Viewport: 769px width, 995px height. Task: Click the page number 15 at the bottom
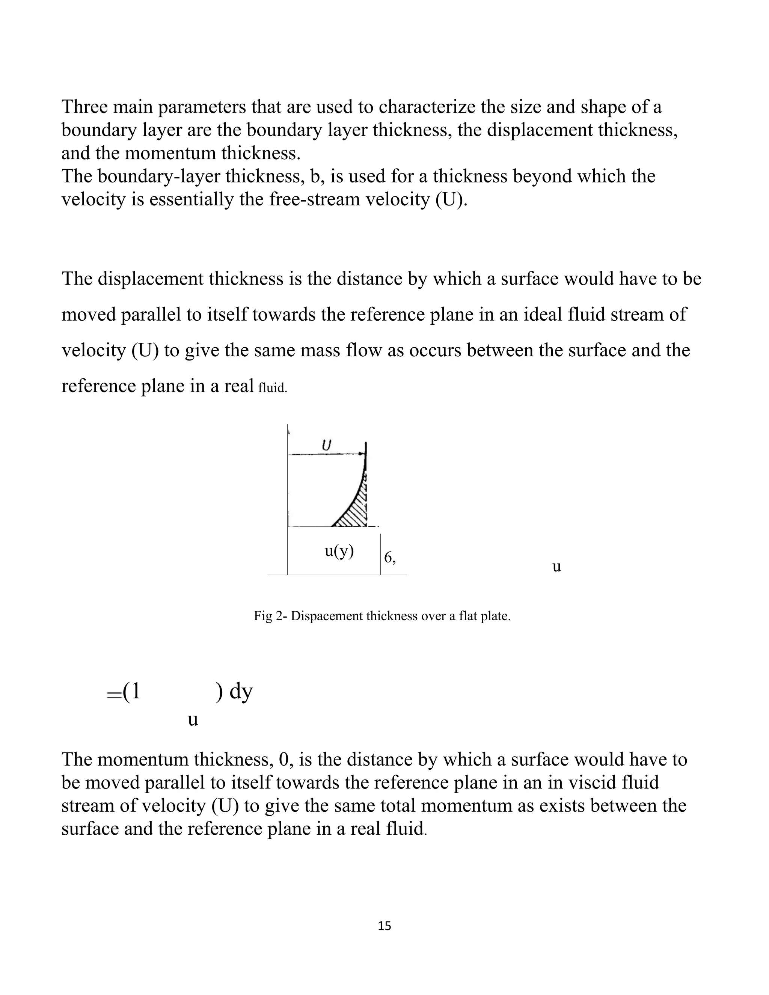384,926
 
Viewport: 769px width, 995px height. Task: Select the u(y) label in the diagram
339,551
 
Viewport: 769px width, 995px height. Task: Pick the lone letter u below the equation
193,720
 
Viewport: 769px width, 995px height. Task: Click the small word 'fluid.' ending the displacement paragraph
273,388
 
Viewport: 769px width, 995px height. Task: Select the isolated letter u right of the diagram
556,566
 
